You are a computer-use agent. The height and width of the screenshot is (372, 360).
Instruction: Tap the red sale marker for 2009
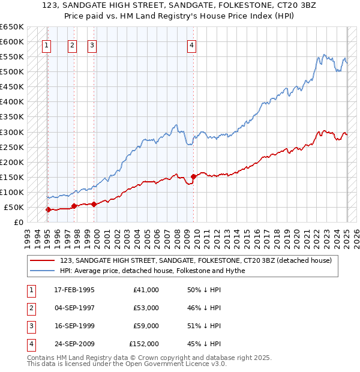[x=194, y=176]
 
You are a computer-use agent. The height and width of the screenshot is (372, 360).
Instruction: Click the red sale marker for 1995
[x=48, y=209]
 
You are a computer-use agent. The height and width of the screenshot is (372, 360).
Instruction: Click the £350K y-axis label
[x=12, y=117]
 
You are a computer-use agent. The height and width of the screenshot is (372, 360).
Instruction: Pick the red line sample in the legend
[x=42, y=260]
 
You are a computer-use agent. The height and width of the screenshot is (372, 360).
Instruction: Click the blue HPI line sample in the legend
[x=42, y=271]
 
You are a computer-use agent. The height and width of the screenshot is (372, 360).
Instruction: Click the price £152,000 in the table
[x=144, y=344]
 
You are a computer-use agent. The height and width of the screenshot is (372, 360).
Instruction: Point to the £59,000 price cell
[x=146, y=326]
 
